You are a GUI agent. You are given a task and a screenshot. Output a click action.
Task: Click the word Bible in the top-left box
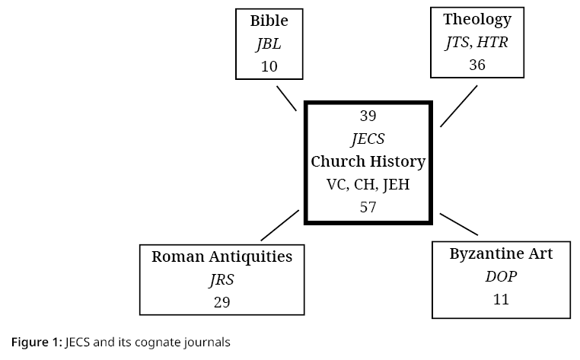pyautogui.click(x=269, y=21)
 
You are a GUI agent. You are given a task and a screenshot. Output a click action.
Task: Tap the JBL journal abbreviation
pyautogui.click(x=269, y=43)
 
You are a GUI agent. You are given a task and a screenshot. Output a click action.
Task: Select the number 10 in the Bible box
pyautogui.click(x=269, y=66)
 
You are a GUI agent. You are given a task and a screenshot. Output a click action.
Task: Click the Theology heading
pyautogui.click(x=477, y=19)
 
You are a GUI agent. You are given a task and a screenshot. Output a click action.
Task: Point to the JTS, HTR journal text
pyautogui.click(x=476, y=43)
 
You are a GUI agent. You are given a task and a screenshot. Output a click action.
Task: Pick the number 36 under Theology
pyautogui.click(x=477, y=65)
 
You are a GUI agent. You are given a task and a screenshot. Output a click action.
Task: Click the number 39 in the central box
pyautogui.click(x=368, y=116)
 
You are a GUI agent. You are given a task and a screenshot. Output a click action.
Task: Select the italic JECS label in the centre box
pyautogui.click(x=368, y=139)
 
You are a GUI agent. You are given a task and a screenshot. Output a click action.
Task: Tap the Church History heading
pyautogui.click(x=368, y=161)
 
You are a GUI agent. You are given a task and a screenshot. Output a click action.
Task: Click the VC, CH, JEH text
pyautogui.click(x=368, y=184)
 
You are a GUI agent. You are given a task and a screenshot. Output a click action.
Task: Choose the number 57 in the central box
pyautogui.click(x=368, y=207)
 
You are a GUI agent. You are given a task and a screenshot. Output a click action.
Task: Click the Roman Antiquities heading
pyautogui.click(x=221, y=256)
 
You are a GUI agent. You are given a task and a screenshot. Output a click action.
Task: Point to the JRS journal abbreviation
pyautogui.click(x=221, y=279)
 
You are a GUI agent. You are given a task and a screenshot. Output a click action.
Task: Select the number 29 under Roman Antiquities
pyautogui.click(x=221, y=302)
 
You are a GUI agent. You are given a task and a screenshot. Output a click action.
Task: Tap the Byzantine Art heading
pyautogui.click(x=501, y=253)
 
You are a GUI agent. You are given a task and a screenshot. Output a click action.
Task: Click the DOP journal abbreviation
pyautogui.click(x=501, y=276)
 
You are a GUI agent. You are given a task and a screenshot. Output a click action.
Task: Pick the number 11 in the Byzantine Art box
pyautogui.click(x=501, y=299)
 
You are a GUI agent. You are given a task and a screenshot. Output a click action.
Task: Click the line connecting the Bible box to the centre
pyautogui.click(x=286, y=98)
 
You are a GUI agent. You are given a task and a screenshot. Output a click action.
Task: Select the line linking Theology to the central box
pyautogui.click(x=459, y=106)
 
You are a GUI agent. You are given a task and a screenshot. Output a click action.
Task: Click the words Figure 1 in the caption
pyautogui.click(x=36, y=342)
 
